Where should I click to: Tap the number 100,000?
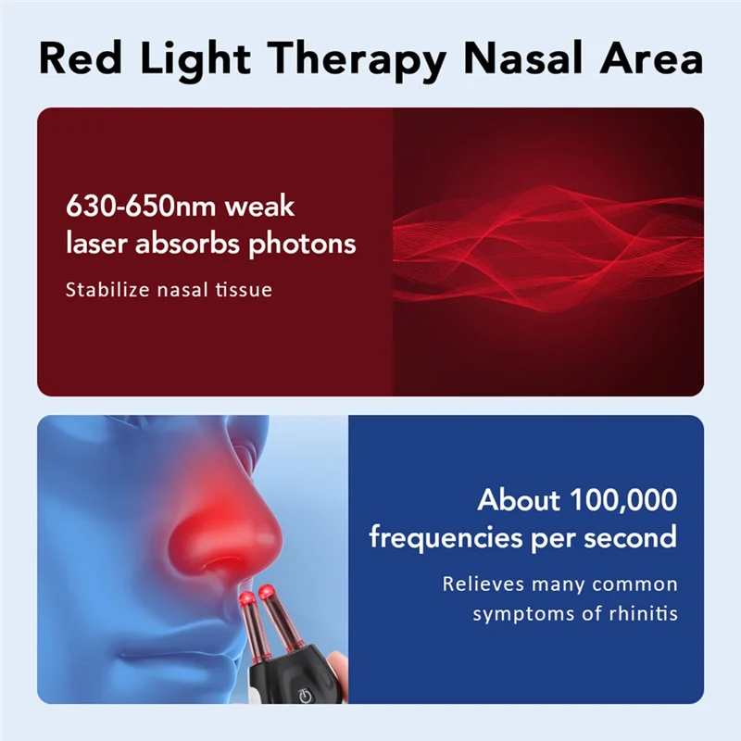tap(622, 500)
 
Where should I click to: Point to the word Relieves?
tap(484, 584)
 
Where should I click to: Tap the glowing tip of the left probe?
tap(247, 599)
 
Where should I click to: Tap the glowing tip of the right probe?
tap(268, 588)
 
